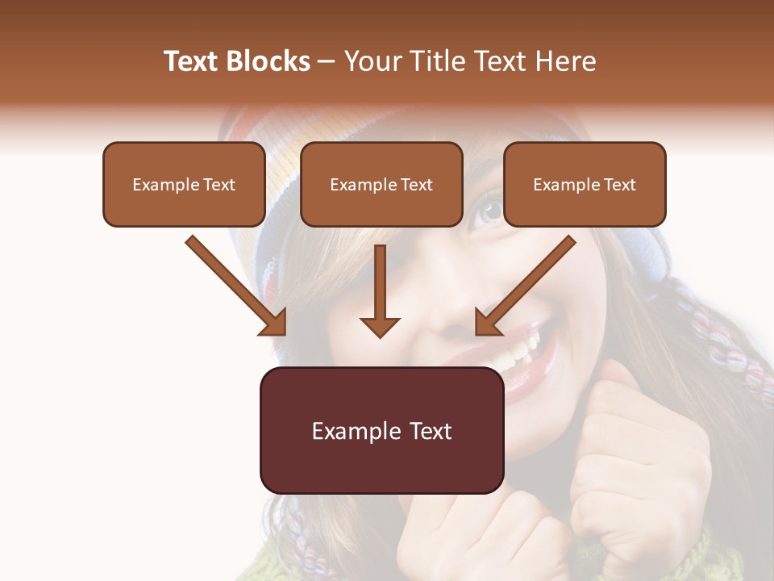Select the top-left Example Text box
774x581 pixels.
point(184,185)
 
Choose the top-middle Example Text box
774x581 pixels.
point(381,185)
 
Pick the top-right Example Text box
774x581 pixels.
point(585,185)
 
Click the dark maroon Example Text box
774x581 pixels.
point(381,431)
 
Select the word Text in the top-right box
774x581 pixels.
point(619,185)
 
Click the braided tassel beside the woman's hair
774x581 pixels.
point(726,339)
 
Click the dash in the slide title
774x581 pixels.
point(327,62)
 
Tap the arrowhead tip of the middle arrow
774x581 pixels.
point(380,335)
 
